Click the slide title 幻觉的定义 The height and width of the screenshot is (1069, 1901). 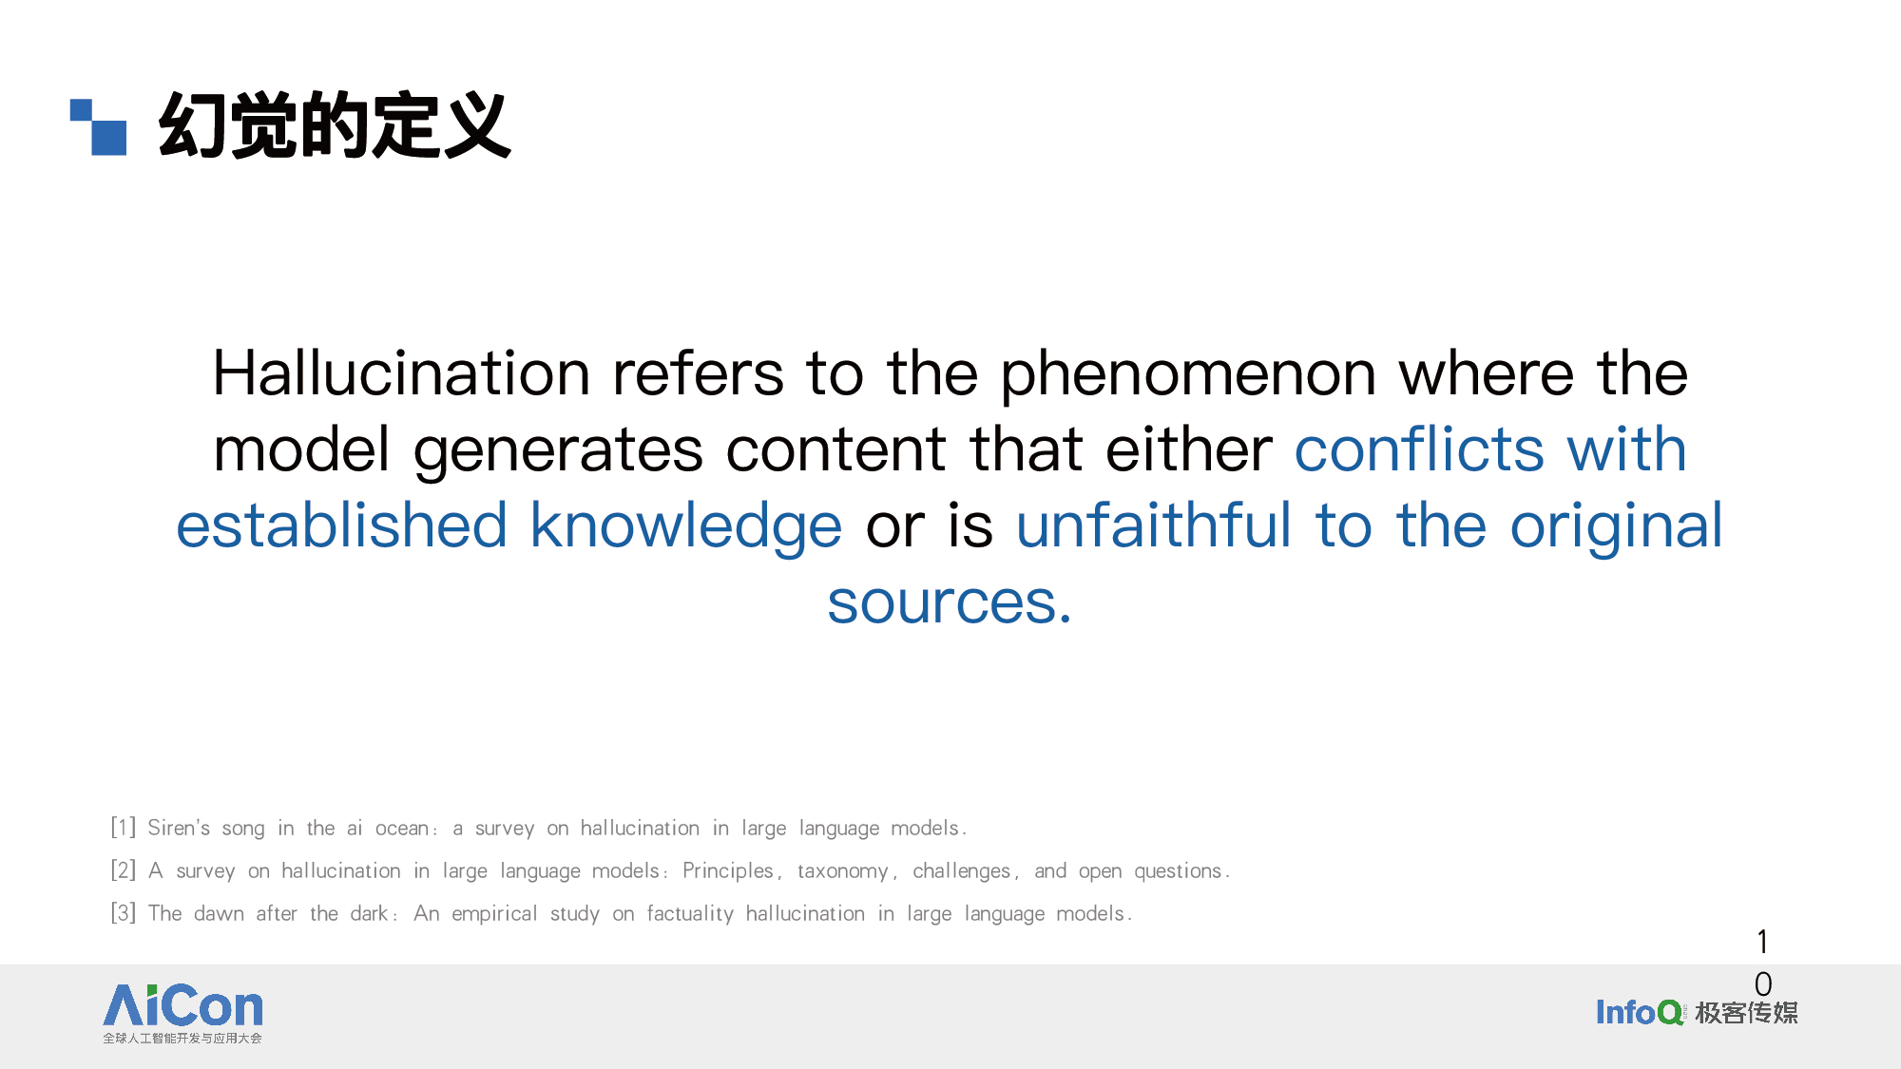pyautogui.click(x=335, y=124)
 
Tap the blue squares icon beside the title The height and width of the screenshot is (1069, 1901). pyautogui.click(x=99, y=126)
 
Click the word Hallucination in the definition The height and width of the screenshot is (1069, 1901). pyautogui.click(x=401, y=372)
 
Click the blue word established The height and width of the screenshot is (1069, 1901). pyautogui.click(x=341, y=525)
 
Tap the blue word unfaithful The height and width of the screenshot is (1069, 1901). pyautogui.click(x=1154, y=525)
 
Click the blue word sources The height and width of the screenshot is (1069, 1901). pyautogui.click(x=950, y=602)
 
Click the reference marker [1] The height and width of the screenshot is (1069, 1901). pyautogui.click(x=124, y=828)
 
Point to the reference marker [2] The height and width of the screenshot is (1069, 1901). pyautogui.click(x=124, y=870)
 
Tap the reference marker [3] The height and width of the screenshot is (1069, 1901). pyautogui.click(x=124, y=913)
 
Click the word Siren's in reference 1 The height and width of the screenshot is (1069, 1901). pyautogui.click(x=179, y=828)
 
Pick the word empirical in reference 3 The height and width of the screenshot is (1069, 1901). pyautogui.click(x=494, y=914)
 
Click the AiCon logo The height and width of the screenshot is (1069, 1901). pyautogui.click(x=182, y=1013)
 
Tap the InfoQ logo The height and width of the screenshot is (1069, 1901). pyautogui.click(x=1640, y=1012)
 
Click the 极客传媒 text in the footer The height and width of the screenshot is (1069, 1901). pyautogui.click(x=1747, y=1013)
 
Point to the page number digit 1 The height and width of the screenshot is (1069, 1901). pyautogui.click(x=1763, y=942)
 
